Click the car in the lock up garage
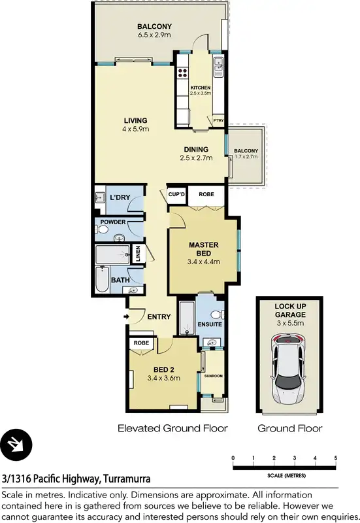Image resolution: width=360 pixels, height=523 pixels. coord(288,369)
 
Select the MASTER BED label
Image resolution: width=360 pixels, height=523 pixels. coord(203,249)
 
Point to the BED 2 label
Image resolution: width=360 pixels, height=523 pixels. coord(163,368)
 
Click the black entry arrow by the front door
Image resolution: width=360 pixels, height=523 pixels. coord(125,318)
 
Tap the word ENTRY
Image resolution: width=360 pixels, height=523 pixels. coord(159,317)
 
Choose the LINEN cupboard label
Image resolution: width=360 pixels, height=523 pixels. coord(138,254)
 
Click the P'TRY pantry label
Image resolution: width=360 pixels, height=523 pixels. coord(217,120)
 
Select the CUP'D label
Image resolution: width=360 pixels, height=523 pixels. coord(176,194)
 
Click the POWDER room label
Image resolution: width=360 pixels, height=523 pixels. coord(112,222)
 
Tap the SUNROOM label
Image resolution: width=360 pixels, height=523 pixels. coord(213,377)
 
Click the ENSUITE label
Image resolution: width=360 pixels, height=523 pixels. coord(210,324)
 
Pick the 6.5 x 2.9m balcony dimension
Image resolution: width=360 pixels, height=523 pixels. coord(154,35)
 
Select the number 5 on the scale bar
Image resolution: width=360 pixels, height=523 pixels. coord(335,457)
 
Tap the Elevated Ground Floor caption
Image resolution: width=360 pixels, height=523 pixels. coord(172,429)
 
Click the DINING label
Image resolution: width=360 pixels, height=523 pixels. coord(196,149)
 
